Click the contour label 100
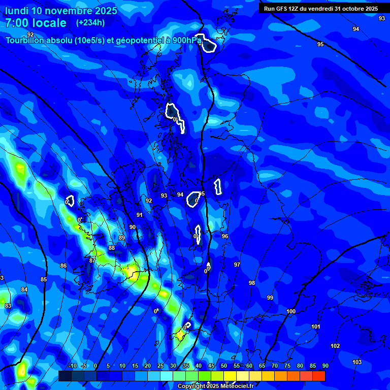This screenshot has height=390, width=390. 291,311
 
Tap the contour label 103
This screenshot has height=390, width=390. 357,362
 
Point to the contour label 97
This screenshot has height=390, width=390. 237,265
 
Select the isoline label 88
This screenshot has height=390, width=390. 112,248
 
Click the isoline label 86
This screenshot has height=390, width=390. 63,266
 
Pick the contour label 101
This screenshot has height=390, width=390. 316,327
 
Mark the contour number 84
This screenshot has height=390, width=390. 24,289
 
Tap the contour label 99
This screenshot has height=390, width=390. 270,298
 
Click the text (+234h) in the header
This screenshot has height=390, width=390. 90,22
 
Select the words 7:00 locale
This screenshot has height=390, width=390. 36,23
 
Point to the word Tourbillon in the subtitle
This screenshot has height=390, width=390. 28,41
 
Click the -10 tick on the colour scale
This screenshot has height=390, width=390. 72,366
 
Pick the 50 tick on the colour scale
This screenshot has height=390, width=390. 224,366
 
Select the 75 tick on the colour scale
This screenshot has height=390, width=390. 287,366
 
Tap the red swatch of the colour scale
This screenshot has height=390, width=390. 318,376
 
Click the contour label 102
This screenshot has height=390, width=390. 335,346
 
